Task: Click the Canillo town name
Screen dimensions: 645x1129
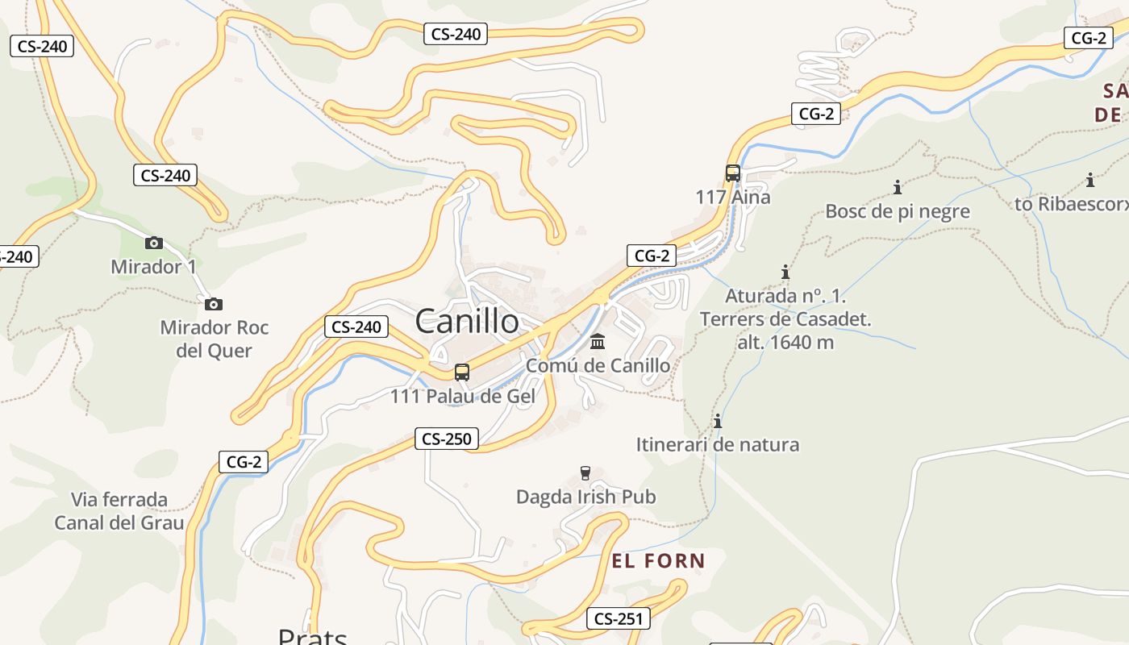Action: (467, 322)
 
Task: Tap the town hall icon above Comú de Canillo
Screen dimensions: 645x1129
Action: (598, 342)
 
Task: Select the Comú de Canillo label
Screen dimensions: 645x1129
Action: (598, 365)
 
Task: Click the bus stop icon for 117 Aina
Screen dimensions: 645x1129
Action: (732, 173)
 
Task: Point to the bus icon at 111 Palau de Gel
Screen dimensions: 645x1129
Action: (461, 372)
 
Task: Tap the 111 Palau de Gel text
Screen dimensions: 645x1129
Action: (462, 396)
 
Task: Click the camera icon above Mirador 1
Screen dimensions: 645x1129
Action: (153, 243)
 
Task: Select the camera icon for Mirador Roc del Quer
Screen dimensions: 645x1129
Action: (213, 304)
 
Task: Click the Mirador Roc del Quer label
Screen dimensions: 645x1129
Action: (215, 339)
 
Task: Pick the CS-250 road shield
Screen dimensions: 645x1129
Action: (447, 439)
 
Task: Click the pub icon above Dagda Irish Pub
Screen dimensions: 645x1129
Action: (586, 472)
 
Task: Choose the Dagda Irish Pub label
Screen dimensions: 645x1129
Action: (586, 497)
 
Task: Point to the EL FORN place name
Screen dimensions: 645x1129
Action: (658, 561)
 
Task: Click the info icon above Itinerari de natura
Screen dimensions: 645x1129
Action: (718, 421)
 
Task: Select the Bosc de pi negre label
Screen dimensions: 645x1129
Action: (898, 211)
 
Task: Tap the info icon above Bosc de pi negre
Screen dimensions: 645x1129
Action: (898, 188)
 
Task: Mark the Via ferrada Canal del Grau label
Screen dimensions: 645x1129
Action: (119, 511)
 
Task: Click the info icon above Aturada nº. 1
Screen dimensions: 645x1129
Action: (785, 273)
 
